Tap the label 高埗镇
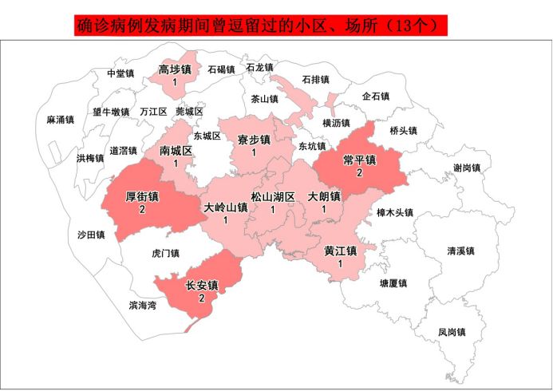pyautogui.click(x=174, y=69)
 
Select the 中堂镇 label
pyautogui.click(x=120, y=73)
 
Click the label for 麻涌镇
pyautogui.click(x=60, y=120)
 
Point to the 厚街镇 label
pyautogui.click(x=142, y=196)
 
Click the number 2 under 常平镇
pyautogui.click(x=359, y=172)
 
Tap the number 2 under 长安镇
pyautogui.click(x=201, y=298)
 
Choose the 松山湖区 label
pyautogui.click(x=273, y=196)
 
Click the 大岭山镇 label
pyautogui.click(x=225, y=207)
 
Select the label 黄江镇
pyautogui.click(x=340, y=251)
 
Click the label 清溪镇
pyautogui.click(x=460, y=251)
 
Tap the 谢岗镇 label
pyautogui.click(x=466, y=168)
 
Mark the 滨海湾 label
pyautogui.click(x=143, y=305)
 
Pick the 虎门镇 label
pyautogui.click(x=165, y=253)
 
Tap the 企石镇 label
pyautogui.click(x=375, y=97)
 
